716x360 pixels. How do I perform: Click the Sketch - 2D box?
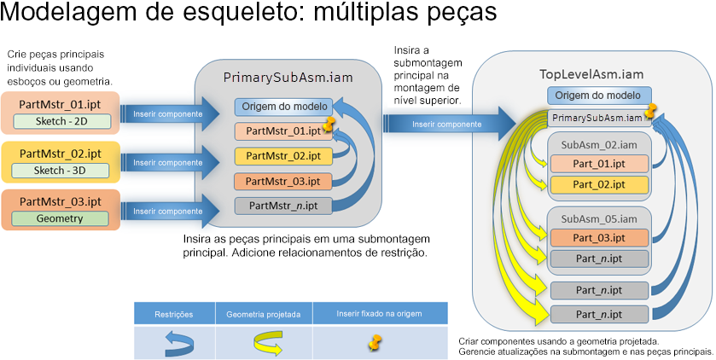(x=61, y=121)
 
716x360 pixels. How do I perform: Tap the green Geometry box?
(x=60, y=218)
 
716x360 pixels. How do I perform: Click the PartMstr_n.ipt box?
(x=283, y=206)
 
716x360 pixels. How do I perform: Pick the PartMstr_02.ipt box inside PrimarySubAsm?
(x=283, y=156)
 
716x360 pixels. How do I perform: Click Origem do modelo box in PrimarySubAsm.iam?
(x=284, y=107)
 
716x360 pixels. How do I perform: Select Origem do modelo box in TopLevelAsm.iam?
(x=599, y=96)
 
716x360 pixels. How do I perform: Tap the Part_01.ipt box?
(x=599, y=164)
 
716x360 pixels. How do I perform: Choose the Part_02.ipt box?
(x=599, y=185)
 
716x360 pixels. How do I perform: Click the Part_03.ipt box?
(x=599, y=238)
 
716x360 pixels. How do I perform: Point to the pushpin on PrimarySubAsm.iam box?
(x=649, y=110)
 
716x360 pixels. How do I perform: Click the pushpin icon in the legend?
(x=375, y=342)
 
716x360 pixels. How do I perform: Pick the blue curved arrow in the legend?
(x=179, y=344)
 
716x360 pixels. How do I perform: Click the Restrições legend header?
(x=174, y=314)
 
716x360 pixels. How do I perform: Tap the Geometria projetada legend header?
(x=264, y=314)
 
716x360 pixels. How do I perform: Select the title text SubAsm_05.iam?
(x=599, y=219)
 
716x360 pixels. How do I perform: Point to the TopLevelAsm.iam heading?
(x=591, y=74)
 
